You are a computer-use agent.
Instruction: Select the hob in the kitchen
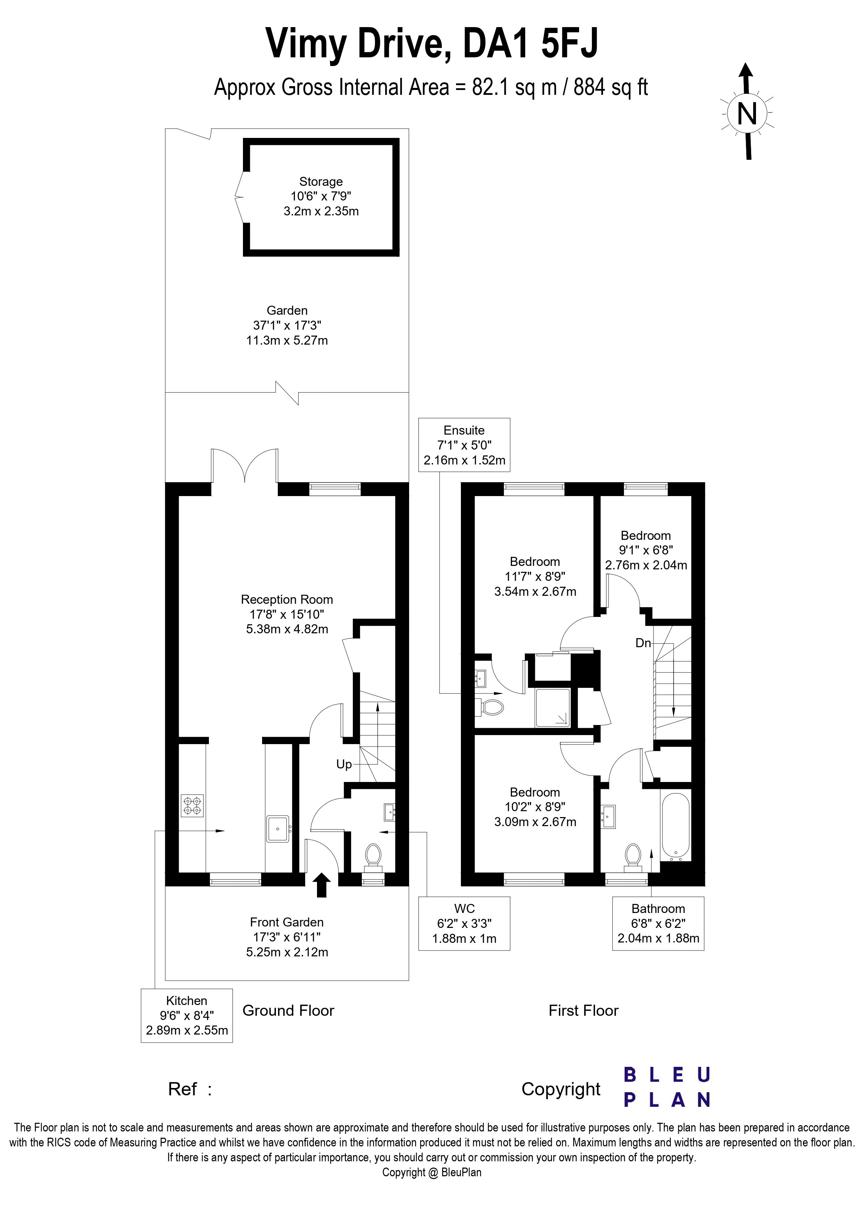pyautogui.click(x=192, y=805)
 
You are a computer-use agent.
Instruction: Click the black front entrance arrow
pyautogui.click(x=321, y=885)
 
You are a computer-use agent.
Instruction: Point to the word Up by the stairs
pyautogui.click(x=344, y=764)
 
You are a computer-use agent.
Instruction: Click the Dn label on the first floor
pyautogui.click(x=643, y=643)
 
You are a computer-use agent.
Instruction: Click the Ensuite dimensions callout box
pyautogui.click(x=464, y=445)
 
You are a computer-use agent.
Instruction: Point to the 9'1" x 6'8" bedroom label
pyautogui.click(x=646, y=550)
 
